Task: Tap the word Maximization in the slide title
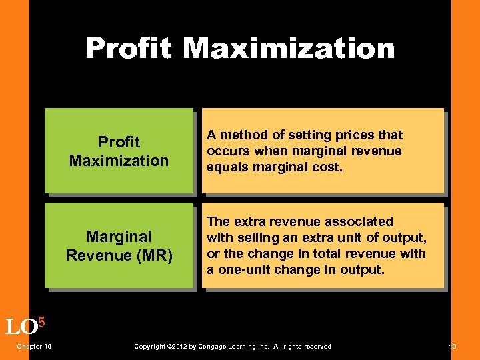coord(289,48)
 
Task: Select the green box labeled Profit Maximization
coord(119,151)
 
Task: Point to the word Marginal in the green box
coord(119,237)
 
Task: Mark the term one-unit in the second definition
coord(243,269)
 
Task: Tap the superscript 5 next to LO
coord(41,321)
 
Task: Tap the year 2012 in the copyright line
coord(177,347)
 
